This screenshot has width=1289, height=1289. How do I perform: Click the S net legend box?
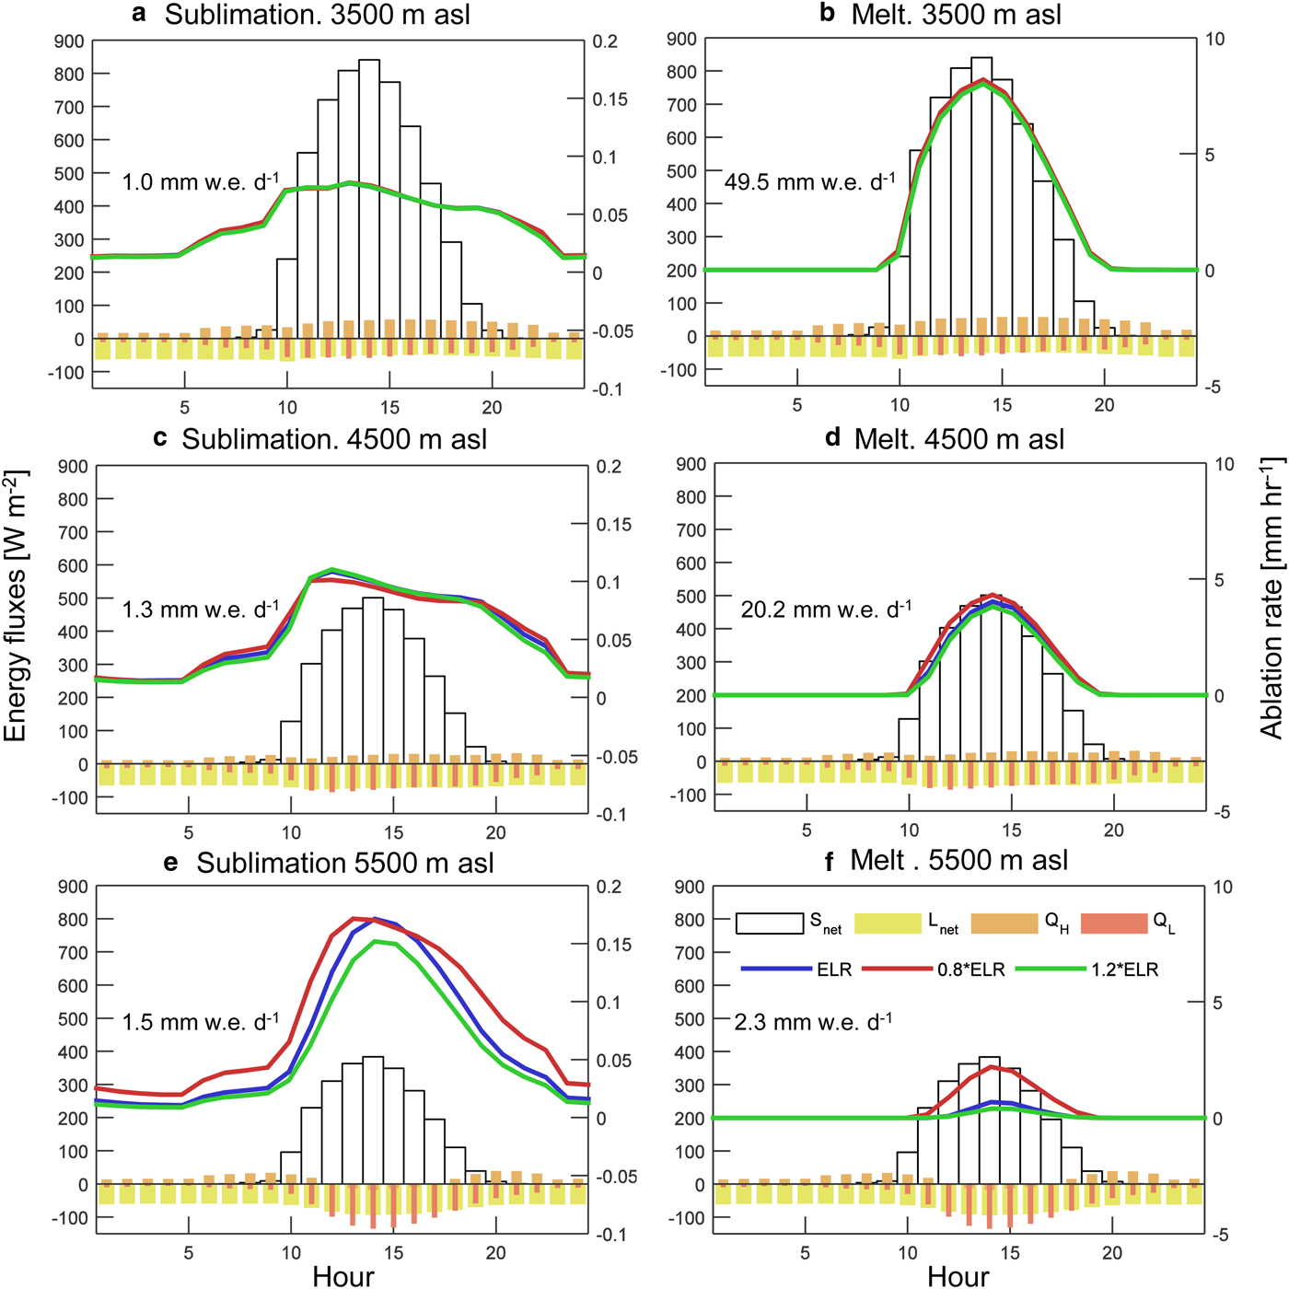point(770,923)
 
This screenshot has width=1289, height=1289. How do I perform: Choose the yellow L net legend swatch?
point(888,923)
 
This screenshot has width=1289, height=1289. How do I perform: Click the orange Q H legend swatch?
point(1004,923)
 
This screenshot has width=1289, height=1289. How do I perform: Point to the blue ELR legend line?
point(776,969)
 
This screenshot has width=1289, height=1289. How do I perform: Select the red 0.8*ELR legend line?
point(897,969)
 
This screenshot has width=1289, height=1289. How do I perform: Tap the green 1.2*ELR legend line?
point(1051,969)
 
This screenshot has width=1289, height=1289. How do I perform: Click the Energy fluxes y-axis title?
point(16,606)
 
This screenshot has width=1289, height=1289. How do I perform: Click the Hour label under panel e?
point(343,1275)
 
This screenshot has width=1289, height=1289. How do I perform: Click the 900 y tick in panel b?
point(681,39)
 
